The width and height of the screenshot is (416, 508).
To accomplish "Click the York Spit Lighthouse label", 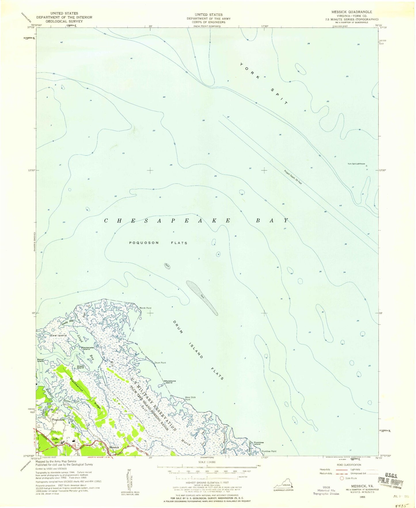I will (x=356, y=164).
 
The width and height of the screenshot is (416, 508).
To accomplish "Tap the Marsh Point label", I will (x=145, y=308).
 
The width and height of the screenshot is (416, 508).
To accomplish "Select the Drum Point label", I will (x=160, y=363).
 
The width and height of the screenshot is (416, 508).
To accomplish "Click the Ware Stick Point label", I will (x=190, y=399).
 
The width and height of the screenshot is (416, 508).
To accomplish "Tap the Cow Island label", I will (x=58, y=335).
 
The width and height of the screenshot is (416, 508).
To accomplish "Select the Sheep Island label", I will (x=80, y=367).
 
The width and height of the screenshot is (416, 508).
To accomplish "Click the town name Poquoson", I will (x=58, y=420).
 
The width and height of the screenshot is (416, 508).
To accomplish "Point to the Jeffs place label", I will (x=55, y=439).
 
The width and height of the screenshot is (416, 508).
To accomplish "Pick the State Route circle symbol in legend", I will (x=342, y=478).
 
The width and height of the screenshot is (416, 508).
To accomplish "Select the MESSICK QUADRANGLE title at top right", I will (x=352, y=12).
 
